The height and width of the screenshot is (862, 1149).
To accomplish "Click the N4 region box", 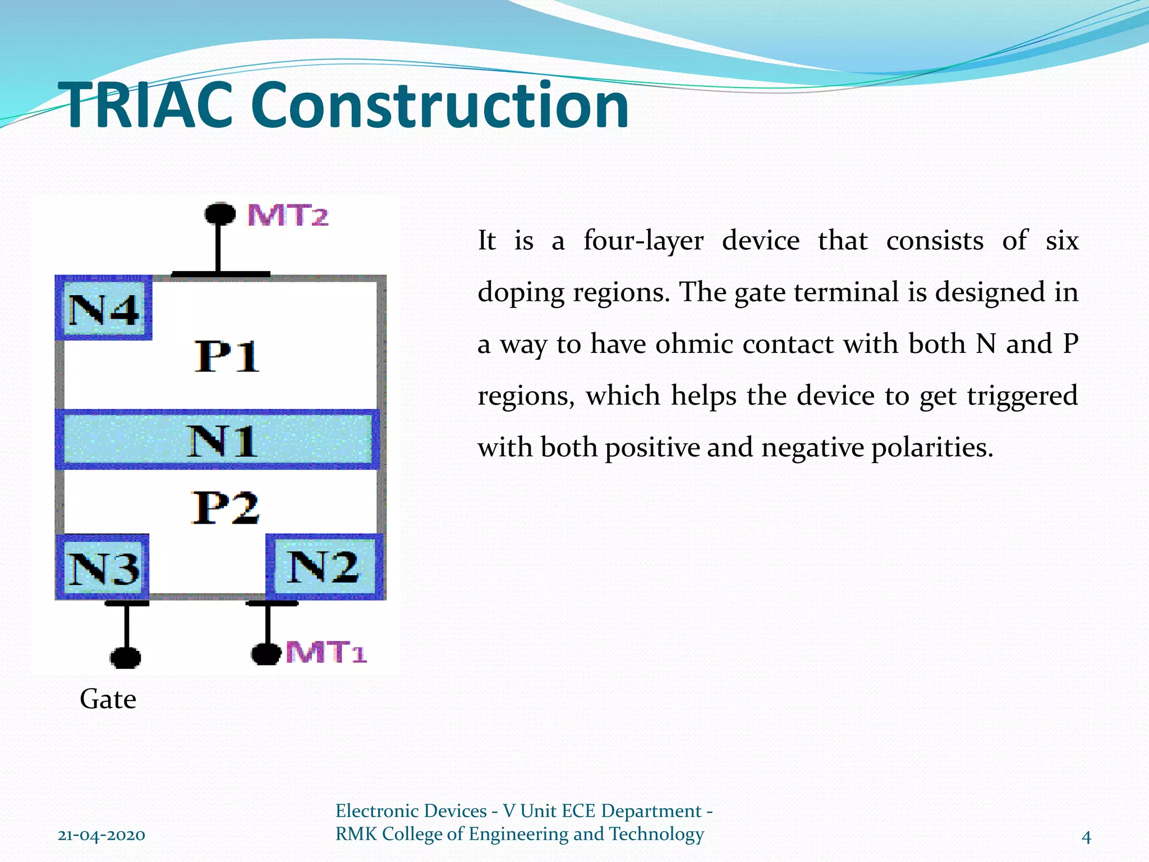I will (104, 309).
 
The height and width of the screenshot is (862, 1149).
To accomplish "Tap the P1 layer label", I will (227, 356).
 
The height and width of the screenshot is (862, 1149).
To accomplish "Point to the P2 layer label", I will (226, 508).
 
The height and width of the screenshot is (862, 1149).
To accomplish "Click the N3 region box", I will (103, 567).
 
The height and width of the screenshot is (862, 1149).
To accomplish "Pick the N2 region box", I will (324, 566).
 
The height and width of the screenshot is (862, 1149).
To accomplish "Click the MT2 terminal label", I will (288, 215).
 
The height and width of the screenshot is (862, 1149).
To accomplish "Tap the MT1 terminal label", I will (326, 653).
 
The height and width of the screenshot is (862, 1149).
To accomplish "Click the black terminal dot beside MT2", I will (219, 214).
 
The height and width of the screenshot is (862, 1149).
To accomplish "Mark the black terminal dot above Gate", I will (125, 657).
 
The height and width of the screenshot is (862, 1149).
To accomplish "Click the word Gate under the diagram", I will (108, 699).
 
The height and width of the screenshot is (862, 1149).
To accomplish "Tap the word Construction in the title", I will (440, 106).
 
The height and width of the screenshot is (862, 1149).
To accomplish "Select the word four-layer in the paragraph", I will (643, 241).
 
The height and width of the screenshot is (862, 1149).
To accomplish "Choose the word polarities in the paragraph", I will (932, 448).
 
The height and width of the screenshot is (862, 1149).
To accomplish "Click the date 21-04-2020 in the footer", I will (102, 835).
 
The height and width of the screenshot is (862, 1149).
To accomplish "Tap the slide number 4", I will (1086, 837).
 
